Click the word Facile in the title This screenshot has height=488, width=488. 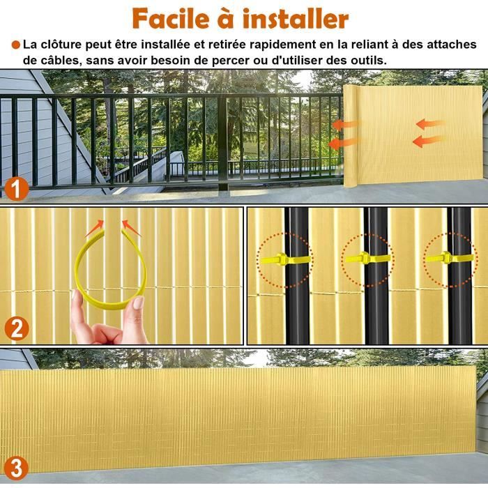(x=171, y=19)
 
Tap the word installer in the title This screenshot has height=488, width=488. (x=296, y=19)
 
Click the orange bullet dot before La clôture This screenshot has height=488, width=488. (x=16, y=45)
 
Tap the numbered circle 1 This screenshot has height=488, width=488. (x=17, y=189)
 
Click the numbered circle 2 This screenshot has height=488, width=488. (x=17, y=328)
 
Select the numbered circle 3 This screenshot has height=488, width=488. (x=17, y=468)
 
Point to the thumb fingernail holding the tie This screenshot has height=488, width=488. (x=138, y=303)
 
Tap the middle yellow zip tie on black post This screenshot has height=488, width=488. (x=367, y=258)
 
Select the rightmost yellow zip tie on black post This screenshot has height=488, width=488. (x=450, y=258)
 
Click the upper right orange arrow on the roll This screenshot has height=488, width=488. (x=431, y=124)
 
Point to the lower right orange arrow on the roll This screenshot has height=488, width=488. (x=428, y=142)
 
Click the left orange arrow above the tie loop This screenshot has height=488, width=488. (x=95, y=228)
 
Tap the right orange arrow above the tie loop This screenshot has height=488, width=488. (x=130, y=228)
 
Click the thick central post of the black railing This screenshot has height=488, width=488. (x=222, y=142)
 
